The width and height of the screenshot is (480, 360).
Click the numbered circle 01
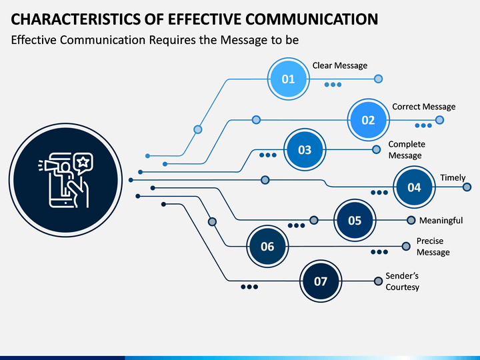(x=288, y=79)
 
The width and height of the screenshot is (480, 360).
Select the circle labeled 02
(x=368, y=120)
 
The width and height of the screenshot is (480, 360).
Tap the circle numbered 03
(x=305, y=150)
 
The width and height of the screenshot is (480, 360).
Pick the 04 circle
(x=414, y=187)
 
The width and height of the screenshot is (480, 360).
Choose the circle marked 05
(x=355, y=221)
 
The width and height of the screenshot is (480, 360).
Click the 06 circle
(x=267, y=247)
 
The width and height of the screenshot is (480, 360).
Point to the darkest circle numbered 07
(x=321, y=281)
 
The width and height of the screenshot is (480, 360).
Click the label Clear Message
(x=340, y=65)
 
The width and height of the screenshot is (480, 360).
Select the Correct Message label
(x=424, y=107)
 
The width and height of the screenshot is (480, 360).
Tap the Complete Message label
(x=407, y=150)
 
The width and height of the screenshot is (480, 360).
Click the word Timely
(x=453, y=178)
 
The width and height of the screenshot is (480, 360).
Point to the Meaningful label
(x=441, y=221)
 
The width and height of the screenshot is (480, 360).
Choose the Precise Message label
(x=433, y=247)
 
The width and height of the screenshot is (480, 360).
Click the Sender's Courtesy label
(x=402, y=281)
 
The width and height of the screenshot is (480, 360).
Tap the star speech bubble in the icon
(x=83, y=163)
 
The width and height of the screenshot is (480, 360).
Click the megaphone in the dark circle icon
(x=48, y=166)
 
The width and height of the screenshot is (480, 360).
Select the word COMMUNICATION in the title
(x=311, y=19)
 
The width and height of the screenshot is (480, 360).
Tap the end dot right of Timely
(x=467, y=187)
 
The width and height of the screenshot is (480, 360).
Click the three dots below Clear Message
(x=333, y=85)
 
